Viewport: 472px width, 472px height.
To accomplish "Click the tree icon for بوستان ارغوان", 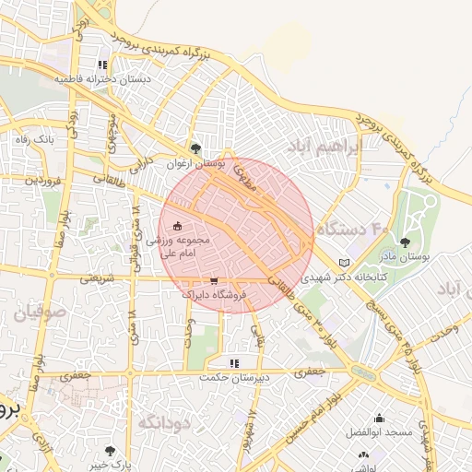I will pos(195,147).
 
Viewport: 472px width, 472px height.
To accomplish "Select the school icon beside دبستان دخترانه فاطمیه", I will pos(102,65).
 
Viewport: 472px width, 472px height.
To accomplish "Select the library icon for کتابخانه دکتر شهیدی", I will pos(345,262).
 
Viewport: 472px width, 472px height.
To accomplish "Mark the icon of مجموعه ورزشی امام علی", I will pos(177,227).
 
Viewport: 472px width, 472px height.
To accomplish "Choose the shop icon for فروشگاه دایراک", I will pos(215,280).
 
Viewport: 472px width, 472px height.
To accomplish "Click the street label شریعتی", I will pos(98,277).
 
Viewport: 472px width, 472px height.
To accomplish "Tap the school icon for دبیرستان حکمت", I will pos(234,363).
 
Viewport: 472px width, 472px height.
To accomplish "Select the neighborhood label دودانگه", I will pos(165,422).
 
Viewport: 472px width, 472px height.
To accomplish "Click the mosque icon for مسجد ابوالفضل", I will pos(380,418).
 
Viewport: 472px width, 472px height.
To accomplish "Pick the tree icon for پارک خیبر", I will pos(111,451).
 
